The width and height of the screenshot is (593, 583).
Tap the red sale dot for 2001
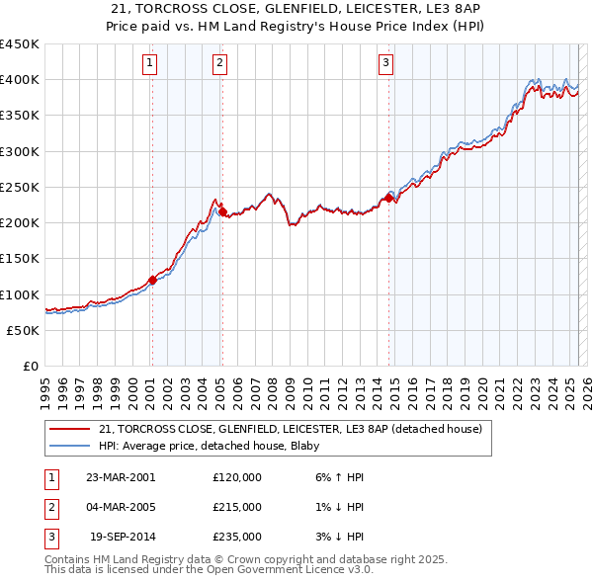click(x=153, y=280)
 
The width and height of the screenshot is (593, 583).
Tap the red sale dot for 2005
click(x=222, y=211)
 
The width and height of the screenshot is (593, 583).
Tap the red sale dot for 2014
click(x=388, y=198)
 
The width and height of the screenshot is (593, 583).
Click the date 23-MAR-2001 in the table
click(x=120, y=477)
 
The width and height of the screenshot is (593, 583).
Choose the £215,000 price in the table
click(x=237, y=507)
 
